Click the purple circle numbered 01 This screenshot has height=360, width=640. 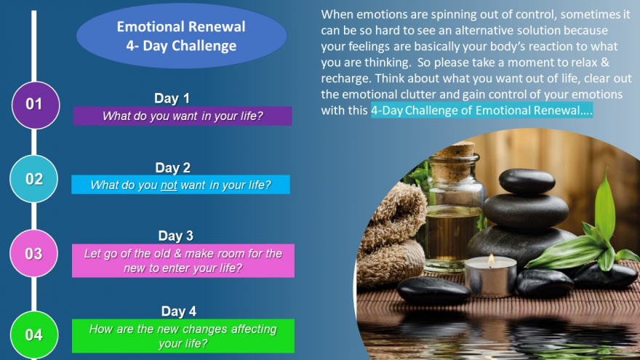[36, 105]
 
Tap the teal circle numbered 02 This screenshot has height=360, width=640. [34, 179]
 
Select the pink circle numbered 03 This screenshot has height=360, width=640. [34, 254]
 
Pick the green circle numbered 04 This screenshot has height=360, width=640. [34, 335]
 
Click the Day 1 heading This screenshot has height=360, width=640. [172, 98]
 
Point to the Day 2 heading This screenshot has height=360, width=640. [172, 168]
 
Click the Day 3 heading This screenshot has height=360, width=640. [176, 236]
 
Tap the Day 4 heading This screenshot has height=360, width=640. [179, 311]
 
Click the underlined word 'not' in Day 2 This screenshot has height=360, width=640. [169, 185]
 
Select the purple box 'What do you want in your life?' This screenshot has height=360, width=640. [183, 116]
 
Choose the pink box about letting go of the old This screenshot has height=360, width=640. [183, 261]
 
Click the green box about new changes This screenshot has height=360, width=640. [183, 336]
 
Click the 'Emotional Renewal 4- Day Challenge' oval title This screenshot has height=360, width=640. [182, 36]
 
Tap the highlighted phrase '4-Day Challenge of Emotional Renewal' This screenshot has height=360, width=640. [481, 111]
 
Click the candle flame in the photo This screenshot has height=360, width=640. [492, 259]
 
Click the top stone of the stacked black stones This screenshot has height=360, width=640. [527, 181]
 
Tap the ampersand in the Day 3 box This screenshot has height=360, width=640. [177, 254]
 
